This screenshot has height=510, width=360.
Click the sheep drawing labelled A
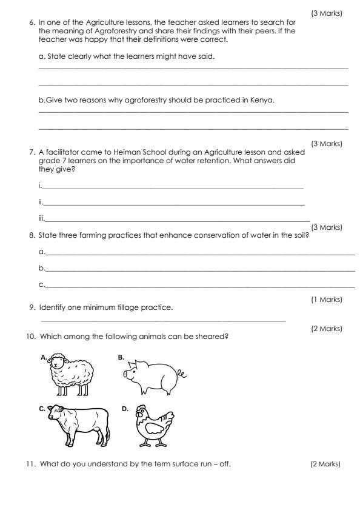pos(70,375)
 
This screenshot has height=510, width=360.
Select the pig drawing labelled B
pos(148,377)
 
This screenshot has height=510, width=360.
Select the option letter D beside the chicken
pos(125,409)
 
